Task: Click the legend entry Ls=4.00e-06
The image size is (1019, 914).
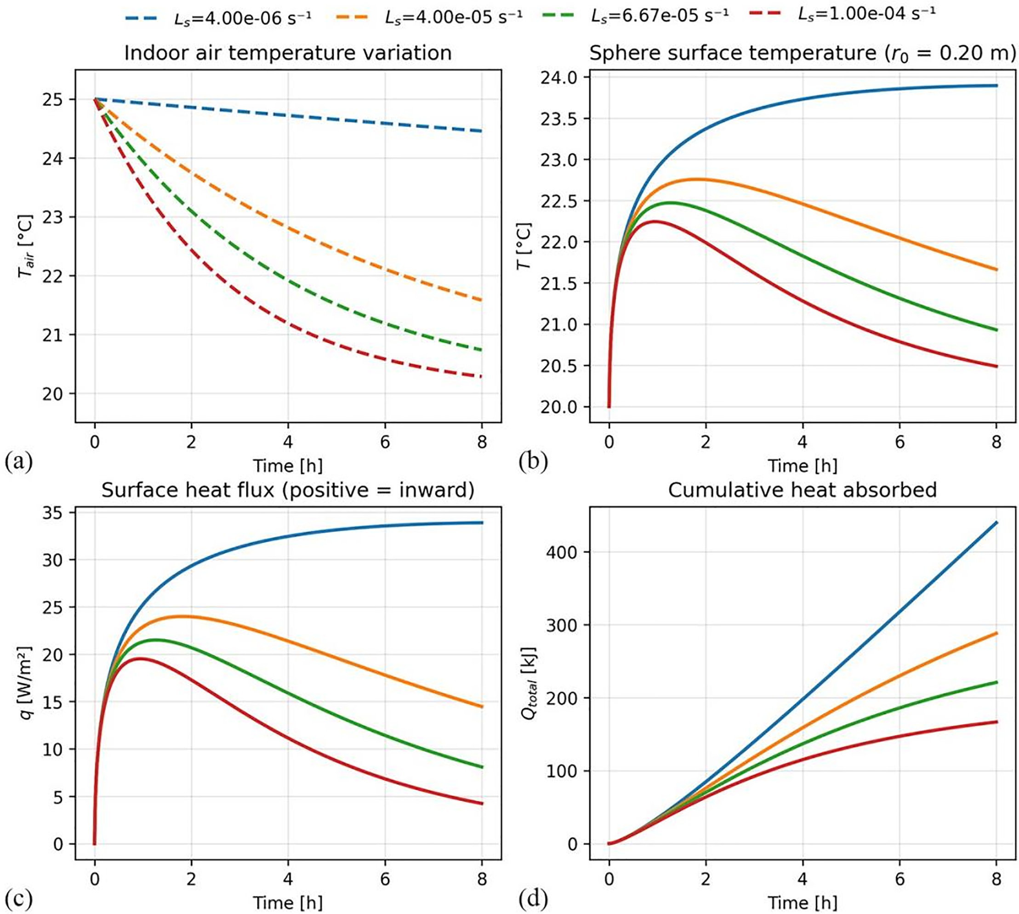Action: point(218,17)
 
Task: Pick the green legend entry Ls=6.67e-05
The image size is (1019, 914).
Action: point(636,17)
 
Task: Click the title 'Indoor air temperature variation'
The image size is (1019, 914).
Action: point(288,53)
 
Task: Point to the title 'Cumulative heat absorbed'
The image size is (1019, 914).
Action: point(802,490)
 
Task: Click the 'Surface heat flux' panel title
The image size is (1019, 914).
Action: point(288,490)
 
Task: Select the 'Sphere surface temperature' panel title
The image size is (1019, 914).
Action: point(802,53)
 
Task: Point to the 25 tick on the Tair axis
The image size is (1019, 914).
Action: point(59,99)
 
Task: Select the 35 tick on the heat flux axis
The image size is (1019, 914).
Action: point(59,513)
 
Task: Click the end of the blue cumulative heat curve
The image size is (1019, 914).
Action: point(996,523)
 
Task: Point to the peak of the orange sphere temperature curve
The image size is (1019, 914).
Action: point(697,179)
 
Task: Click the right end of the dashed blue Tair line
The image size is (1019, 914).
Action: point(481,131)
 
